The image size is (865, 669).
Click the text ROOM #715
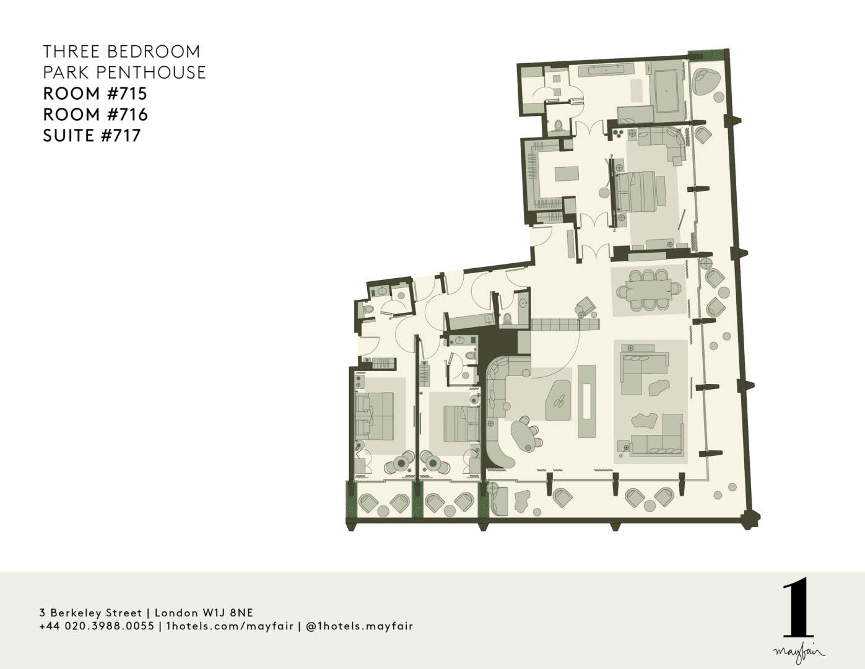(x=95, y=94)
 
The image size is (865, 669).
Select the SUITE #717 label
(x=92, y=136)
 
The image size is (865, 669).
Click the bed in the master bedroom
(x=640, y=192)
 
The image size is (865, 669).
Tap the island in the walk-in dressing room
(x=567, y=174)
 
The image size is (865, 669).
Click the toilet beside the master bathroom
(x=559, y=125)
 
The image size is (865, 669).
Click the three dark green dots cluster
(x=618, y=133)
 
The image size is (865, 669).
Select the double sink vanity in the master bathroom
(x=606, y=69)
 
